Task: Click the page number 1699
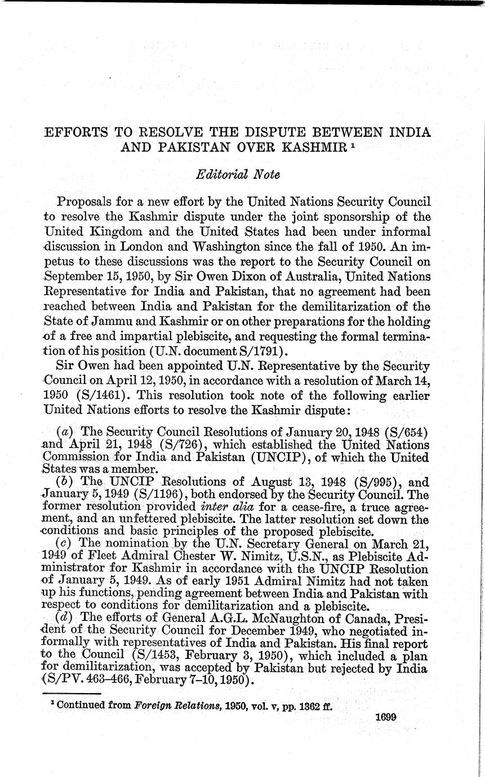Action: (x=385, y=717)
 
